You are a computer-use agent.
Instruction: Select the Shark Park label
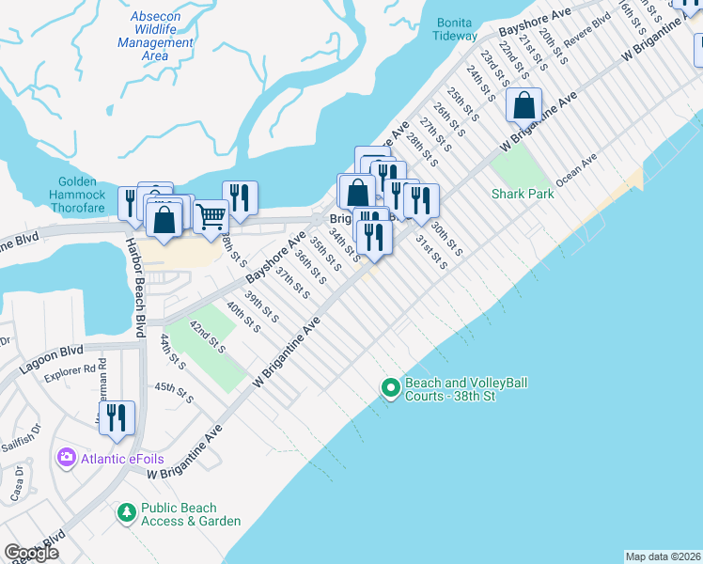(x=523, y=194)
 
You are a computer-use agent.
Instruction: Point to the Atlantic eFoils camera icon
(x=67, y=458)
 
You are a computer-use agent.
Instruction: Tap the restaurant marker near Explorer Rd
(x=117, y=417)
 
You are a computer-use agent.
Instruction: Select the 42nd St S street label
(x=207, y=336)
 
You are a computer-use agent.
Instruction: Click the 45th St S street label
(x=174, y=393)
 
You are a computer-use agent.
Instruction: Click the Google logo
(x=31, y=553)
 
